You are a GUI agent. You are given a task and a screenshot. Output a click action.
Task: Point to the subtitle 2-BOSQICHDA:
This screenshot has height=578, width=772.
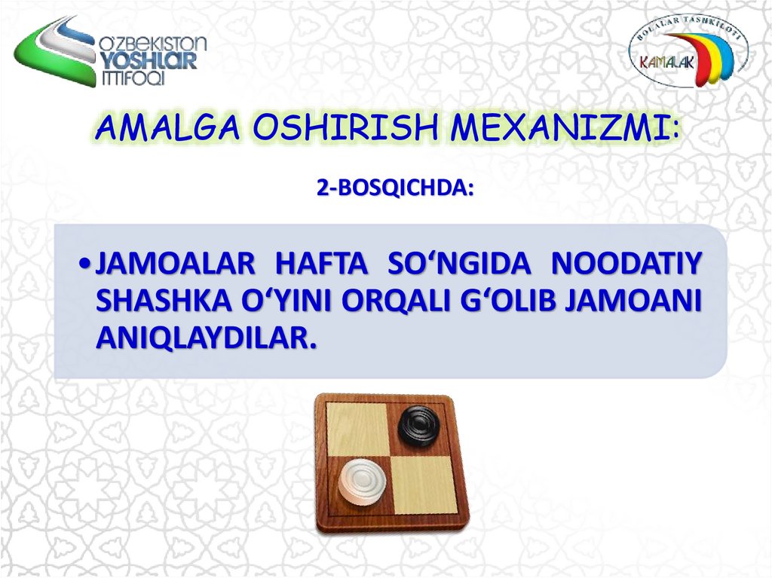(395, 188)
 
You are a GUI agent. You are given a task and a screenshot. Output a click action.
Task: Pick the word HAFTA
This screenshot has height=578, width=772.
(323, 265)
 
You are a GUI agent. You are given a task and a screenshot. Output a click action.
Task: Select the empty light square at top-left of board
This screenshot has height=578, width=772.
(357, 428)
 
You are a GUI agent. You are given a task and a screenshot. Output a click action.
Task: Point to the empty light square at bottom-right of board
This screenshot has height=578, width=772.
(424, 483)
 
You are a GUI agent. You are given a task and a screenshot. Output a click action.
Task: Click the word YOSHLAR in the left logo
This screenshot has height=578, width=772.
(148, 62)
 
